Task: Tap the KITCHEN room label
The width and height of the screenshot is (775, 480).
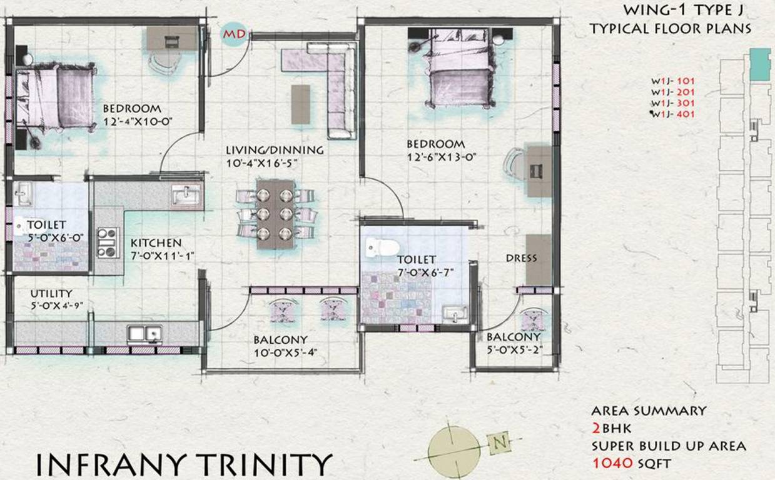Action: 156,242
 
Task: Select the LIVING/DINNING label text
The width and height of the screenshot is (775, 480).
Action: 275,150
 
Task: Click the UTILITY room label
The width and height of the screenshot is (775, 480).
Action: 51,293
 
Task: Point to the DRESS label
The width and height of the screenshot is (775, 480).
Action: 521,258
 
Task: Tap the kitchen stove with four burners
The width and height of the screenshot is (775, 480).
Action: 108,242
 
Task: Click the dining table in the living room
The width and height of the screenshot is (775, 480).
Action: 275,214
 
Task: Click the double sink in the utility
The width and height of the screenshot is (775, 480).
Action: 144,334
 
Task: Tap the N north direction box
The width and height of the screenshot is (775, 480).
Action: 499,443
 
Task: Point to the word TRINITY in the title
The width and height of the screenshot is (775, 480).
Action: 265,464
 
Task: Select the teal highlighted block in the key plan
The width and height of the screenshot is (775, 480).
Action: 760,64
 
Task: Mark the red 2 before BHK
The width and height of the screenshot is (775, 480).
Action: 597,428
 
